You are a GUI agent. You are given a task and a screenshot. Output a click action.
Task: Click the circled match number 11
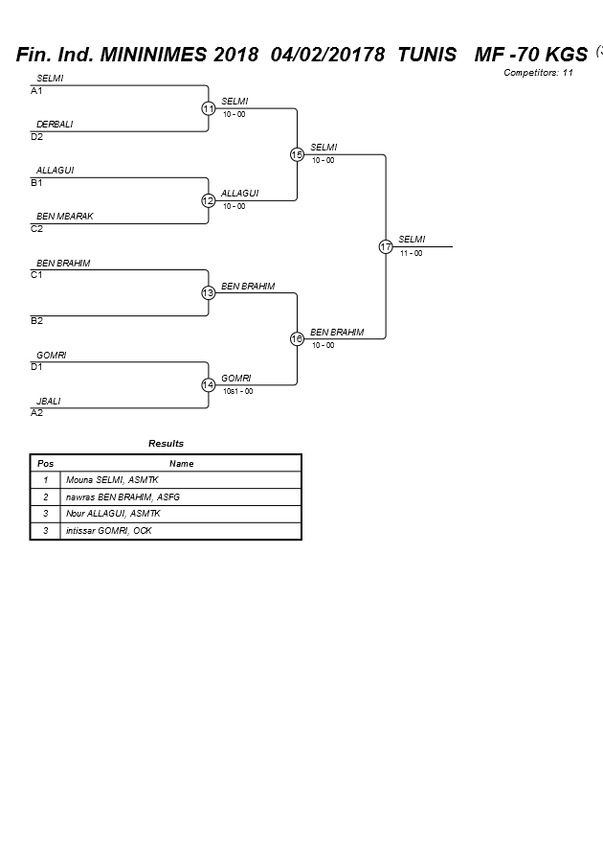pyautogui.click(x=208, y=108)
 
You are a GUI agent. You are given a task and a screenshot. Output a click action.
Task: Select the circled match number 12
pyautogui.click(x=208, y=200)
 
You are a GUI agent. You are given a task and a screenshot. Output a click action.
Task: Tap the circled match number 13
pyautogui.click(x=208, y=292)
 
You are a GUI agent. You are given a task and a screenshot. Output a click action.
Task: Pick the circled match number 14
pyautogui.click(x=208, y=384)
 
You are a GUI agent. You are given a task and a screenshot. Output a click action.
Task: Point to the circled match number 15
pyautogui.click(x=297, y=154)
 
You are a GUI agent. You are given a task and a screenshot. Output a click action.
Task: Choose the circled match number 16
pyautogui.click(x=297, y=338)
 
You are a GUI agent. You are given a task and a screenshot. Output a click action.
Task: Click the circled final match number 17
pyautogui.click(x=386, y=246)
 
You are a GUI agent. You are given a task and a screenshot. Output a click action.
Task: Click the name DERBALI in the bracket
pyautogui.click(x=55, y=125)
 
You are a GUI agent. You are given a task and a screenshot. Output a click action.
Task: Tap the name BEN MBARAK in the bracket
pyautogui.click(x=65, y=217)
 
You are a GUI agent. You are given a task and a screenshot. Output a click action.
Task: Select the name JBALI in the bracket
pyautogui.click(x=48, y=402)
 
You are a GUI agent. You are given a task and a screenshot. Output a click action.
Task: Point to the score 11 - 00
pyautogui.click(x=412, y=253)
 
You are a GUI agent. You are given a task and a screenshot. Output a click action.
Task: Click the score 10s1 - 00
pyautogui.click(x=237, y=391)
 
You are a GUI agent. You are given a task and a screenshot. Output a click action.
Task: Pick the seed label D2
pyautogui.click(x=36, y=137)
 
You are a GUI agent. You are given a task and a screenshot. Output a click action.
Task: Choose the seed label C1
pyautogui.click(x=36, y=275)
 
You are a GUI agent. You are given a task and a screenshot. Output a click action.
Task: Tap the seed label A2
pyautogui.click(x=36, y=413)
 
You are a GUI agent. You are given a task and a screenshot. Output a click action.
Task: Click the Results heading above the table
pyautogui.click(x=166, y=444)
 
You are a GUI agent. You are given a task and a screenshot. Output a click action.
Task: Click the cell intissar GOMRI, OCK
pyautogui.click(x=109, y=531)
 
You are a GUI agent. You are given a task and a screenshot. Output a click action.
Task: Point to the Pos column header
pyautogui.click(x=45, y=463)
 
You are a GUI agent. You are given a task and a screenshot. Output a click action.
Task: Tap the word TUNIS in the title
pyautogui.click(x=427, y=55)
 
